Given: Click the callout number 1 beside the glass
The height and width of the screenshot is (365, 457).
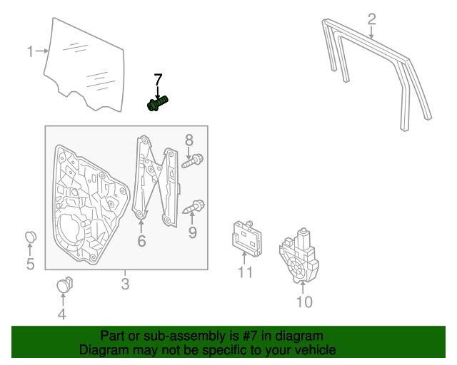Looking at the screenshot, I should coord(31,51).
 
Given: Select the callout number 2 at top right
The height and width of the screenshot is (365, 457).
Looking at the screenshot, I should coord(371,18).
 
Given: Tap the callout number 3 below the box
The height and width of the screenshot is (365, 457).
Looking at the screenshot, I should coord(126,285).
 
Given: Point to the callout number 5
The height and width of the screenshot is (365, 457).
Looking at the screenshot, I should coord(30,265).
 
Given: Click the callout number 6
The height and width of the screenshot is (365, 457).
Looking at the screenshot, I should coord(141,242).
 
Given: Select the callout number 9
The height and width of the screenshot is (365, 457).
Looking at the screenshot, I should coord(192,232).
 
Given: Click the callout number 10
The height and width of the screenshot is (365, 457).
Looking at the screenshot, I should coord(304,302).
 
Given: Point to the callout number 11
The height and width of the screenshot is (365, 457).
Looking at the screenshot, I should coord(246,272).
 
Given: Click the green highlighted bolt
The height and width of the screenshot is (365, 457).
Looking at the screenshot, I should coord(157,104).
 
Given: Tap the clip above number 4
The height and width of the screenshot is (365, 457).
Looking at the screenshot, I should coord(65,284).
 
